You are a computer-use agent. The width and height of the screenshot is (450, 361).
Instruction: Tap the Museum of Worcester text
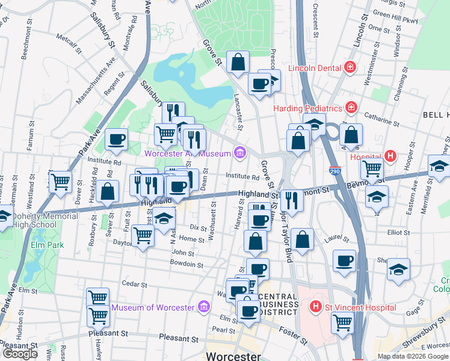(x=153, y=307)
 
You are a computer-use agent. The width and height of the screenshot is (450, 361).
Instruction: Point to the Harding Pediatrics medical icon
(x=351, y=108)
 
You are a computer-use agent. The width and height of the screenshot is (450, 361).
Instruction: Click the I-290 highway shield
(x=334, y=171)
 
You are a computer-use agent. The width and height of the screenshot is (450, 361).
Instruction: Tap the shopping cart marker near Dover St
(x=60, y=182)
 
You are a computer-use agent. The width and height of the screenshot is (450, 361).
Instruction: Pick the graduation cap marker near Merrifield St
(x=439, y=166)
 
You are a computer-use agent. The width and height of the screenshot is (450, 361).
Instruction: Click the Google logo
(x=20, y=354)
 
